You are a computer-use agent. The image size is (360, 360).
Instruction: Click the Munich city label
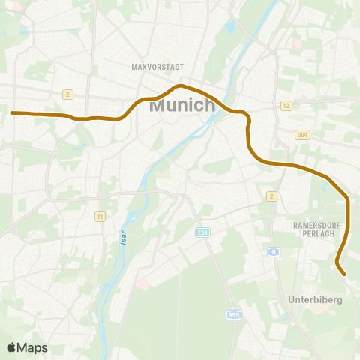182,105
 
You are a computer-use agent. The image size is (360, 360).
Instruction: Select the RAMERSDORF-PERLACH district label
319,228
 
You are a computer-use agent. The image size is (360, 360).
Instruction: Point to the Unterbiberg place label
315,299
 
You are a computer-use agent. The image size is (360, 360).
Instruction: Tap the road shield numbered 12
286,106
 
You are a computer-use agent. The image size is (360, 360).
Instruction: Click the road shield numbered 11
99,217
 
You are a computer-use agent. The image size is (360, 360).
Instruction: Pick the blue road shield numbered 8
275,253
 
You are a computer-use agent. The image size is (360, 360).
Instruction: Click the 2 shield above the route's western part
67,94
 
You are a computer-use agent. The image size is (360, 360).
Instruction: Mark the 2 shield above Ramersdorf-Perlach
271,196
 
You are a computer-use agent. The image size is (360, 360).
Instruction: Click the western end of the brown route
12,112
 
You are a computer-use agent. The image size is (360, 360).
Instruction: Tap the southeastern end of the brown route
343,274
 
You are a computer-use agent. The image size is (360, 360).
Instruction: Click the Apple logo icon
11,347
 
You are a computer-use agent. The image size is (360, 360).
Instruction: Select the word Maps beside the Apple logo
32,347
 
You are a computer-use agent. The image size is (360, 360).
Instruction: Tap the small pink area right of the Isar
142,284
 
